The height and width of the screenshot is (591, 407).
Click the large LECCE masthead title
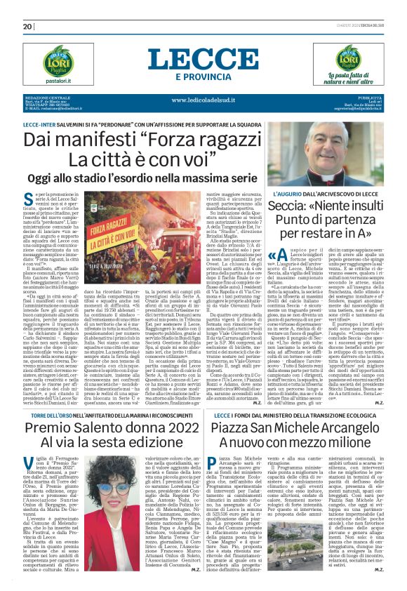pyautogui.click(x=203, y=58)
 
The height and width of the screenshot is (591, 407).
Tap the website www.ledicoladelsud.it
pyautogui.click(x=203, y=100)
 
